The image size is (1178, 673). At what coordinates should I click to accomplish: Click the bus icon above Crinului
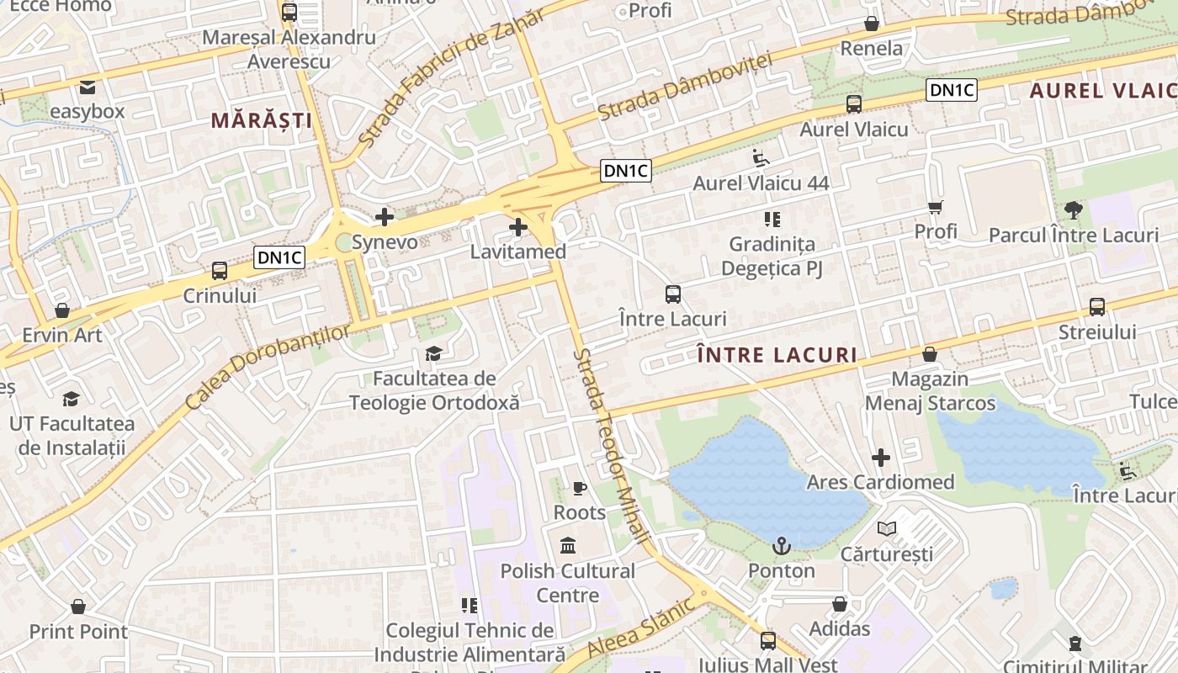click(x=220, y=271)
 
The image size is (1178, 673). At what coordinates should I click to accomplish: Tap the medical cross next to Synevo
click(x=385, y=217)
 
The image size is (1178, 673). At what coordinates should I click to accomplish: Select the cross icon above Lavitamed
click(x=518, y=227)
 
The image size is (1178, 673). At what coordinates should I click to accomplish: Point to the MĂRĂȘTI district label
click(x=261, y=120)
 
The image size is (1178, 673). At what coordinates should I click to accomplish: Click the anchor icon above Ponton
click(x=782, y=546)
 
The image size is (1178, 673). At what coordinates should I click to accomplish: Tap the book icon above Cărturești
click(x=886, y=528)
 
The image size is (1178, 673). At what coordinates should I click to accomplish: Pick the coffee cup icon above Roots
click(x=579, y=488)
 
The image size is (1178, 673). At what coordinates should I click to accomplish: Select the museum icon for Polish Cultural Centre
click(x=568, y=546)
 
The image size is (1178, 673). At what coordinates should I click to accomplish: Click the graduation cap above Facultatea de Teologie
click(x=433, y=353)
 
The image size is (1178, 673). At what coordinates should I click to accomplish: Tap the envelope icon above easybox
click(x=87, y=87)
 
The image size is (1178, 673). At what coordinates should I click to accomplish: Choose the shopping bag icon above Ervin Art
click(x=61, y=310)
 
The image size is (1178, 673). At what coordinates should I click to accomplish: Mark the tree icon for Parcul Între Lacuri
click(x=1073, y=209)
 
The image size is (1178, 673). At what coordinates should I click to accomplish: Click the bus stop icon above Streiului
click(x=1097, y=307)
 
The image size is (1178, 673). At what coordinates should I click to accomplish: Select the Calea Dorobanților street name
click(x=267, y=368)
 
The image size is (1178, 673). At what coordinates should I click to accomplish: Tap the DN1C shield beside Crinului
click(x=280, y=257)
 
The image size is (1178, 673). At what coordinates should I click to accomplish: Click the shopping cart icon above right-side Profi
click(x=935, y=206)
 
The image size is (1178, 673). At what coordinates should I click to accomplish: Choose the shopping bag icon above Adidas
click(x=839, y=604)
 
